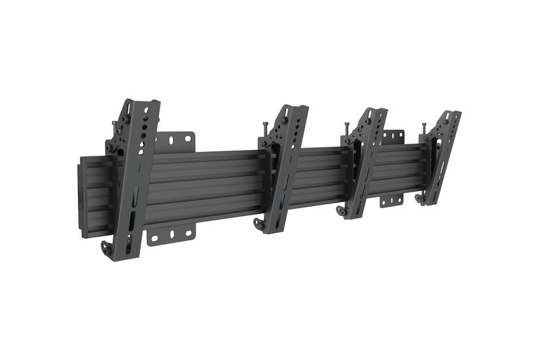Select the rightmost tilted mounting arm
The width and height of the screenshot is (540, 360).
point(442,157)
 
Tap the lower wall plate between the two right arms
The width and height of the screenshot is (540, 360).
point(392,199)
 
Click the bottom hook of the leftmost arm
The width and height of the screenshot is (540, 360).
point(106,248)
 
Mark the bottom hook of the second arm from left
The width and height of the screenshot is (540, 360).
point(258,224)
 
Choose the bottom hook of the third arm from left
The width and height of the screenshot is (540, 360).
point(342,211)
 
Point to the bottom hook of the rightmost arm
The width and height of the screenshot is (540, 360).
point(420,198)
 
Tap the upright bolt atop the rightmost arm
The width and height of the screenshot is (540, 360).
point(425,126)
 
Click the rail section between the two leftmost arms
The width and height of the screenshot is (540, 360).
point(209,187)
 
